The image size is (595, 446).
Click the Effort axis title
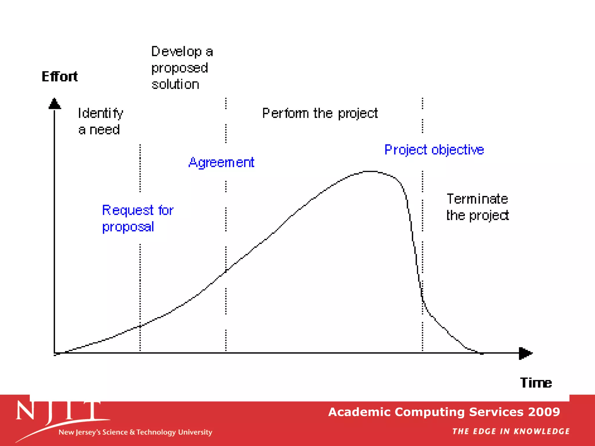click(60, 77)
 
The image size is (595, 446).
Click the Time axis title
click(536, 383)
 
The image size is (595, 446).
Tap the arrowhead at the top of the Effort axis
click(55, 104)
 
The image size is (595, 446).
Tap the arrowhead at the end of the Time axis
click(525, 353)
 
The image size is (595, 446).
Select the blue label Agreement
click(221, 162)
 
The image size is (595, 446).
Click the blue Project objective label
click(434, 150)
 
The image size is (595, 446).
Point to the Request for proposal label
click(137, 218)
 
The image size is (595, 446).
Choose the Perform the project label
click(320, 113)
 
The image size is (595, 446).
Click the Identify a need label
click(100, 121)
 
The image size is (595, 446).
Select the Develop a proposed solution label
click(182, 68)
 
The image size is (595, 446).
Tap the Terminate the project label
click(477, 207)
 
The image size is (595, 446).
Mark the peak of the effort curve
click(371, 172)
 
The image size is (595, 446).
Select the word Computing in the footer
click(430, 412)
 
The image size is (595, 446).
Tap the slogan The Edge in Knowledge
click(511, 431)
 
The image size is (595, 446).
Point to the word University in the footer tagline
click(195, 432)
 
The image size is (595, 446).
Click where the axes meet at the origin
click(55, 353)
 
